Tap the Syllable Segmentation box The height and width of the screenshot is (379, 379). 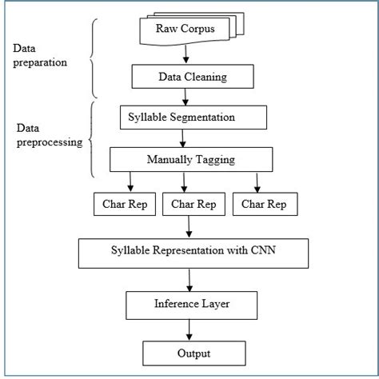[x=193, y=117]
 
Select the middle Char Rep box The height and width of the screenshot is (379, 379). [x=192, y=204]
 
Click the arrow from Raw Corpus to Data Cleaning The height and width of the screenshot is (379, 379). [x=186, y=54]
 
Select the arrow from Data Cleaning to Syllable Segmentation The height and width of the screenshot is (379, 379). [x=186, y=97]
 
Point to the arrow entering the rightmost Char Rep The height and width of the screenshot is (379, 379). [x=256, y=182]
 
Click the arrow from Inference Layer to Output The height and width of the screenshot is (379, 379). [x=189, y=329]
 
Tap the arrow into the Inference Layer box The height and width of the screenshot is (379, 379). [x=189, y=280]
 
